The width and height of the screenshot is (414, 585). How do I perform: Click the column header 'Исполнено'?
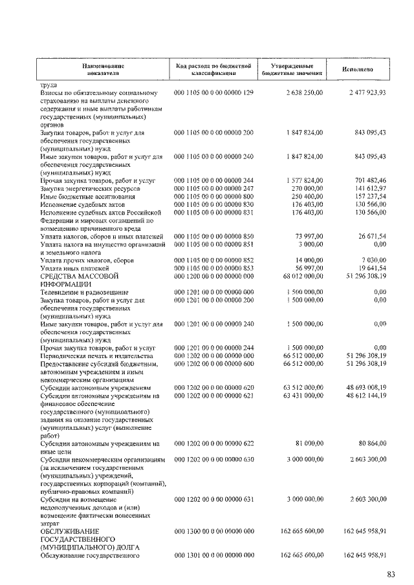pos(358,70)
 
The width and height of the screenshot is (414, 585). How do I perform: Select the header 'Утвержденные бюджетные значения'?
pos(292,70)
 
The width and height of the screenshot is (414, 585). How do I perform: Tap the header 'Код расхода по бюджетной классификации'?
pos(213,70)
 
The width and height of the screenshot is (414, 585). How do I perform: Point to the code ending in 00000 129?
pos(213,93)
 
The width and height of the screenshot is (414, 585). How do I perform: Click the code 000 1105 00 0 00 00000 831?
pos(213,211)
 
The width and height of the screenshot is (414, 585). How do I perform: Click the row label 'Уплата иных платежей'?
pos(73,268)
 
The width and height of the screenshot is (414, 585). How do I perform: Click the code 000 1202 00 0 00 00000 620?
pos(213,387)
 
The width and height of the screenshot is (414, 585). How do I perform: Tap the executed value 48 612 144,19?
pos(365,395)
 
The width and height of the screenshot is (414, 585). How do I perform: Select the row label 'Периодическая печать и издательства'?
pos(96,356)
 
